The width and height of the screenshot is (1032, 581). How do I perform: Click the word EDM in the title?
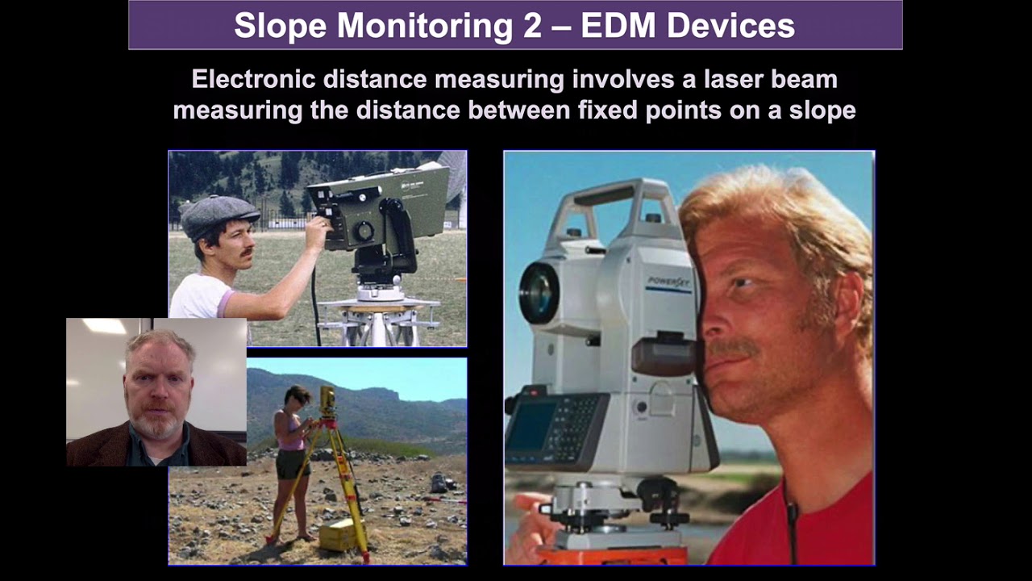[x=616, y=26]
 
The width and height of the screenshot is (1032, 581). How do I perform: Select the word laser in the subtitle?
[x=693, y=79]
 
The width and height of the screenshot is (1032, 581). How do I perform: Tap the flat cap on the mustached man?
[x=218, y=214]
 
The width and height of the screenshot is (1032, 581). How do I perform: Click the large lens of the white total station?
[x=539, y=291]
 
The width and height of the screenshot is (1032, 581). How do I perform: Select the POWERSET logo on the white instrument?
[x=668, y=282]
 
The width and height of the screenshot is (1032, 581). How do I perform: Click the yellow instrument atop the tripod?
[x=327, y=399]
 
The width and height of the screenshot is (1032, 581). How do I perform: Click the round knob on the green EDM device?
[x=364, y=231]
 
